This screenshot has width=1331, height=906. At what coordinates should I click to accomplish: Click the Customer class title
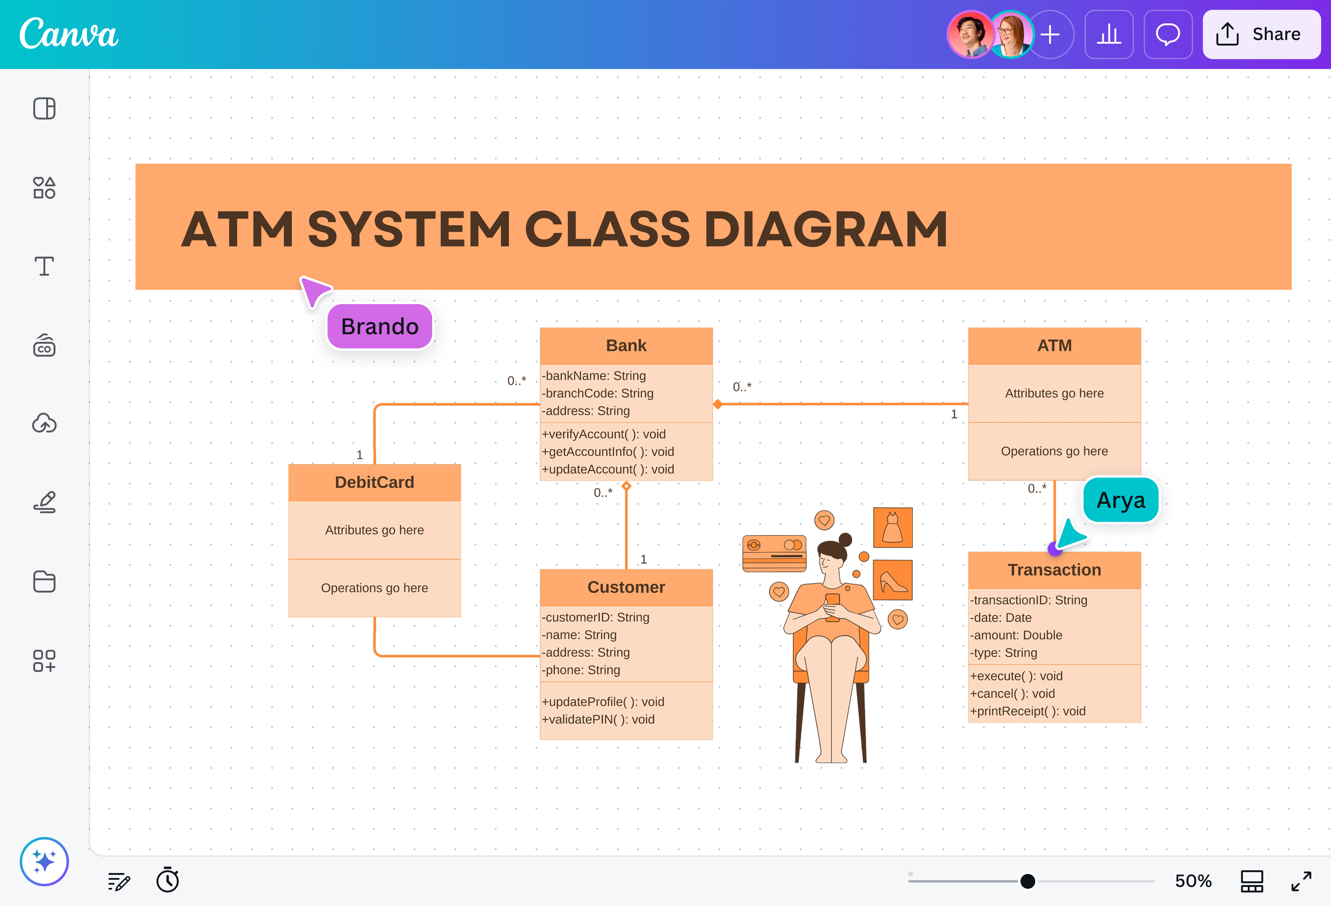[626, 587]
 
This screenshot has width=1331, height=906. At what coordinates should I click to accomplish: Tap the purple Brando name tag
[380, 327]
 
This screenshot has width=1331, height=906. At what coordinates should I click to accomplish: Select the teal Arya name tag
[1120, 500]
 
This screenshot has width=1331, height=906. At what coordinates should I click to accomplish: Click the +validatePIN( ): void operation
[598, 719]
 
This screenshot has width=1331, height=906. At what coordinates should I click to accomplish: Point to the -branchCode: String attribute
[597, 393]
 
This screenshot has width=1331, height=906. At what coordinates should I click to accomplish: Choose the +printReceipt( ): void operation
[1027, 711]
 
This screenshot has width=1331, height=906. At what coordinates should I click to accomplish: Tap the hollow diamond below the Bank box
[626, 486]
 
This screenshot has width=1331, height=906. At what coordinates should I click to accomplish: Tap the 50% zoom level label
[1193, 881]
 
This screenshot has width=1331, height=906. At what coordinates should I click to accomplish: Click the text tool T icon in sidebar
[44, 266]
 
